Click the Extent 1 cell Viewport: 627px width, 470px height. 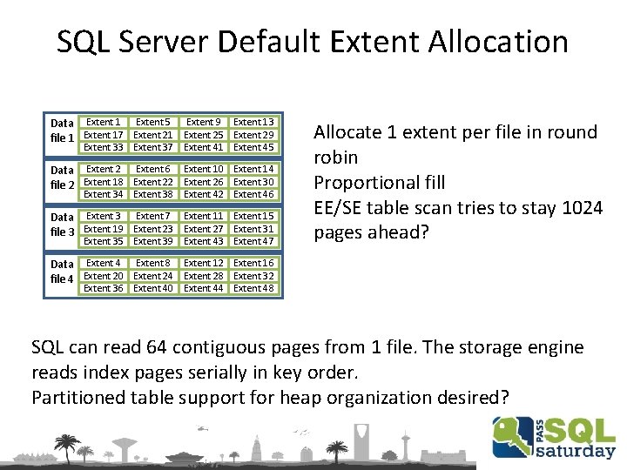click(x=104, y=122)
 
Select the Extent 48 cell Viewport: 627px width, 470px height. click(x=254, y=288)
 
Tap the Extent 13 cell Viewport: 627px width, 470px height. click(x=254, y=122)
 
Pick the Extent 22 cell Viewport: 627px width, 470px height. click(x=153, y=182)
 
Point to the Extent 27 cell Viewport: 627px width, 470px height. click(x=204, y=229)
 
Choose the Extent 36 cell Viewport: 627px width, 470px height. click(x=104, y=288)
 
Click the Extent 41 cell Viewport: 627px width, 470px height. click(x=204, y=147)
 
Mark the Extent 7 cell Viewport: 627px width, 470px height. click(x=153, y=216)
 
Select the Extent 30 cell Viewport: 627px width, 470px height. click(x=254, y=182)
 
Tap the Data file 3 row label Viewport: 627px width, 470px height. click(x=63, y=224)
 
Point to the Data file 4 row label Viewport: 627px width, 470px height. click(x=63, y=271)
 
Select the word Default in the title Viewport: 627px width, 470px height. click(x=269, y=41)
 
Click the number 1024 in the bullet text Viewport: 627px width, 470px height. click(x=578, y=207)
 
